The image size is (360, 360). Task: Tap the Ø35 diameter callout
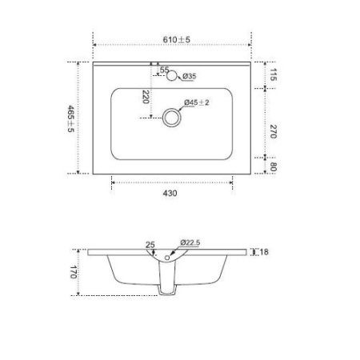click(x=190, y=76)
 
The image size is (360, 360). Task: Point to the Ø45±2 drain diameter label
click(x=197, y=103)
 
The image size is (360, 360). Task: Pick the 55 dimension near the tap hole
click(x=164, y=71)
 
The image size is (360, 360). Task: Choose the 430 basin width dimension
click(x=170, y=193)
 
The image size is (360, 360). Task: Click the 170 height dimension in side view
click(x=71, y=272)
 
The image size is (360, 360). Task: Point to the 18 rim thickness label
click(x=264, y=252)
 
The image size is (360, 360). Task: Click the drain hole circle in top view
click(x=171, y=118)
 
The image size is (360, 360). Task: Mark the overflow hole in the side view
click(x=166, y=258)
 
